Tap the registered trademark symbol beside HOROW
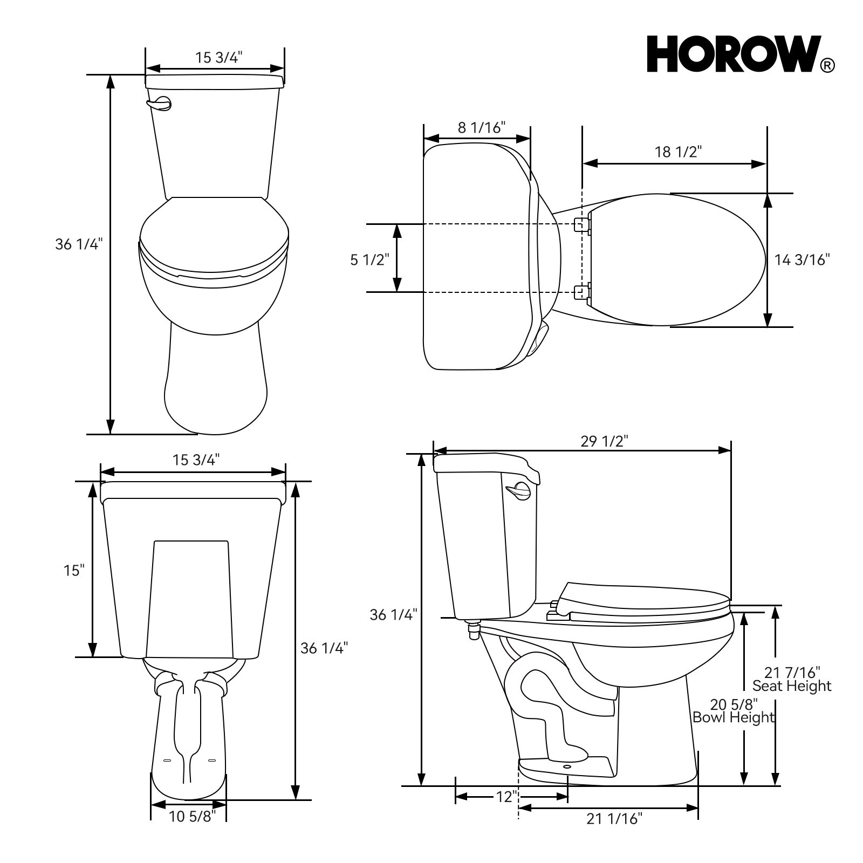[x=827, y=66]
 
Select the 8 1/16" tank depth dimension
[x=481, y=128]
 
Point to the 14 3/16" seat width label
[x=802, y=260]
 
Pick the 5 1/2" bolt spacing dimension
[x=369, y=260]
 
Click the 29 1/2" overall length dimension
[x=604, y=441]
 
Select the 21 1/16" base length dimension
[x=614, y=819]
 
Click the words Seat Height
[x=792, y=686]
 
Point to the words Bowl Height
[x=734, y=717]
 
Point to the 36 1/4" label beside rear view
[x=324, y=648]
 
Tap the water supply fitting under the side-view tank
[x=474, y=630]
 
